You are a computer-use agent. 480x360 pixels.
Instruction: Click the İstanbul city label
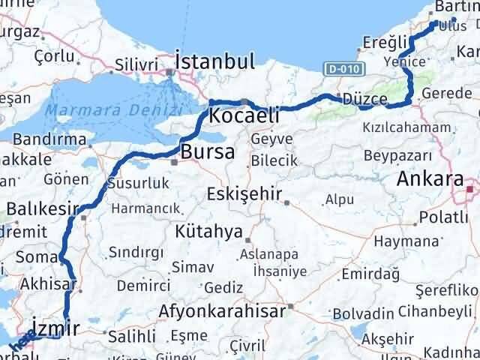coord(214,61)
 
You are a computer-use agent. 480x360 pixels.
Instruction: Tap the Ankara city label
coord(430,179)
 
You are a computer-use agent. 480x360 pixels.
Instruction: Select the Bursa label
coord(208,151)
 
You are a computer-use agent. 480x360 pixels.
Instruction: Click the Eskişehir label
coord(245,194)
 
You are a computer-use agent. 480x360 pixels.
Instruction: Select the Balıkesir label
coord(38,206)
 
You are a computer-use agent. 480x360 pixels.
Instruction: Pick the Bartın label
coord(455,7)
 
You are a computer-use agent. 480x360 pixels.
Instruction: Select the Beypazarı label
coord(397,155)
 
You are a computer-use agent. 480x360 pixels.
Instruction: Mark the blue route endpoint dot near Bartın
coord(454,21)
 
